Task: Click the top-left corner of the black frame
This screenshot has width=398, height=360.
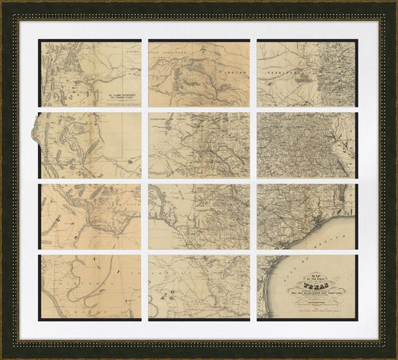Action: click(3, 3)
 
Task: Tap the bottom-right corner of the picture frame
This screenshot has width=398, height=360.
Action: click(395, 356)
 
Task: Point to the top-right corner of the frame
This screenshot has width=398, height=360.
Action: click(395, 3)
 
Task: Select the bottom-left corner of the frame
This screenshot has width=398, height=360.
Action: click(3, 356)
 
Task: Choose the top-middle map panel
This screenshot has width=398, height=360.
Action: click(199, 73)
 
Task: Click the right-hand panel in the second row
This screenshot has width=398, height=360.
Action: click(307, 145)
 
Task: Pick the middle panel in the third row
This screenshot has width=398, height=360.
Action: click(199, 217)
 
